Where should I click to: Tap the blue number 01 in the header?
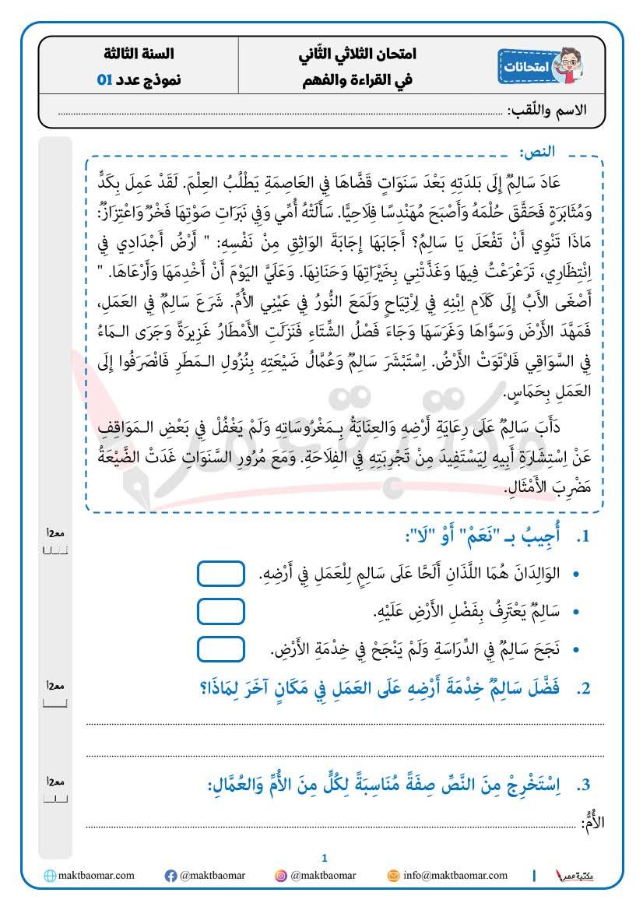(105, 80)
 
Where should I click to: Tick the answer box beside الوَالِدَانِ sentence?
(220, 574)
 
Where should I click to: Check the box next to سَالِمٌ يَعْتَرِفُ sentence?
(220, 611)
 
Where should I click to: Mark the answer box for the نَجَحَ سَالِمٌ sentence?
(220, 648)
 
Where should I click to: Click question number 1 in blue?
(583, 537)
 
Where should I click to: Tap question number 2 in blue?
(583, 688)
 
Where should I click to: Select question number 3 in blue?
(583, 784)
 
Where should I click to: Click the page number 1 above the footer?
(325, 858)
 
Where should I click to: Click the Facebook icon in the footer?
(170, 876)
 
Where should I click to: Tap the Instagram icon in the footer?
(280, 876)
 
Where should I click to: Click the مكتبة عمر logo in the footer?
(578, 876)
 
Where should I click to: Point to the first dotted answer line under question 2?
(343, 724)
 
